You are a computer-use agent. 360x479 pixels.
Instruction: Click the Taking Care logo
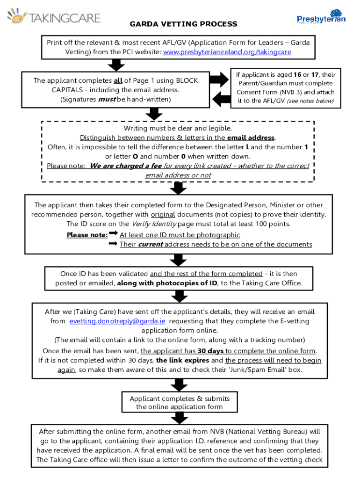pyautogui.click(x=53, y=18)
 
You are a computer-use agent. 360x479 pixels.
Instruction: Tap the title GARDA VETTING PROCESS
pyautogui.click(x=183, y=24)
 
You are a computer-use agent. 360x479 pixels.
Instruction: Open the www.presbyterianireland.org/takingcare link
pyautogui.click(x=227, y=52)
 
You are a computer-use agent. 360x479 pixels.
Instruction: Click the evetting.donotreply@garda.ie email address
pyautogui.click(x=117, y=321)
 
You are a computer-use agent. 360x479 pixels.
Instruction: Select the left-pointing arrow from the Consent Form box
pyautogui.click(x=222, y=99)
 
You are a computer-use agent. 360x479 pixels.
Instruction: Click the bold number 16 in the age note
pyautogui.click(x=297, y=75)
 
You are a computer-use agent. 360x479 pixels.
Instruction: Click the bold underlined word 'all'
pyautogui.click(x=118, y=80)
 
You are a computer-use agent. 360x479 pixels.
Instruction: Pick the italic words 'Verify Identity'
pyautogui.click(x=150, y=224)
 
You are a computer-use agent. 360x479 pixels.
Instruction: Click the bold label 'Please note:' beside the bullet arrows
pyautogui.click(x=87, y=235)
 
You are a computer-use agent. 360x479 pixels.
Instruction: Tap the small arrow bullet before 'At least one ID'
pyautogui.click(x=113, y=233)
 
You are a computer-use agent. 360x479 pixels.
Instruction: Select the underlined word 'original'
pyautogui.click(x=163, y=215)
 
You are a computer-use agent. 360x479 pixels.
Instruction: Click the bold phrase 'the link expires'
pyautogui.click(x=183, y=361)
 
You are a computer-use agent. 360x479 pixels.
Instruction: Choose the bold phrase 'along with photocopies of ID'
pyautogui.click(x=167, y=283)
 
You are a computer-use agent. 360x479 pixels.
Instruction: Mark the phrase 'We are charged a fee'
pyautogui.click(x=125, y=166)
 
